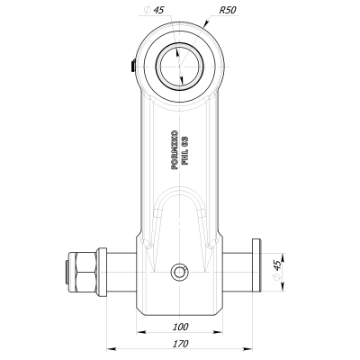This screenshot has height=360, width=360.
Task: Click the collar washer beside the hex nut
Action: click(x=102, y=270)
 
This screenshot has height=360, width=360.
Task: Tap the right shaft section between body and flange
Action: click(x=237, y=270)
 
